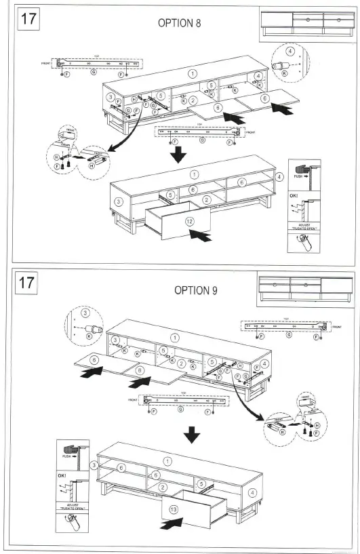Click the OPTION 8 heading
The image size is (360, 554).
(179, 22)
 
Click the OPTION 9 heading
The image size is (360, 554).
(196, 290)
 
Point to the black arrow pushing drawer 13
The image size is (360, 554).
(171, 523)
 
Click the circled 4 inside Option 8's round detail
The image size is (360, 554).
(289, 51)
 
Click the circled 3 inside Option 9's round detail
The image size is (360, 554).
(85, 313)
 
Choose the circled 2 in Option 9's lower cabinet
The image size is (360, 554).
(163, 486)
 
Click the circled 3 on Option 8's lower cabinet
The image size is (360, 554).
(119, 201)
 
